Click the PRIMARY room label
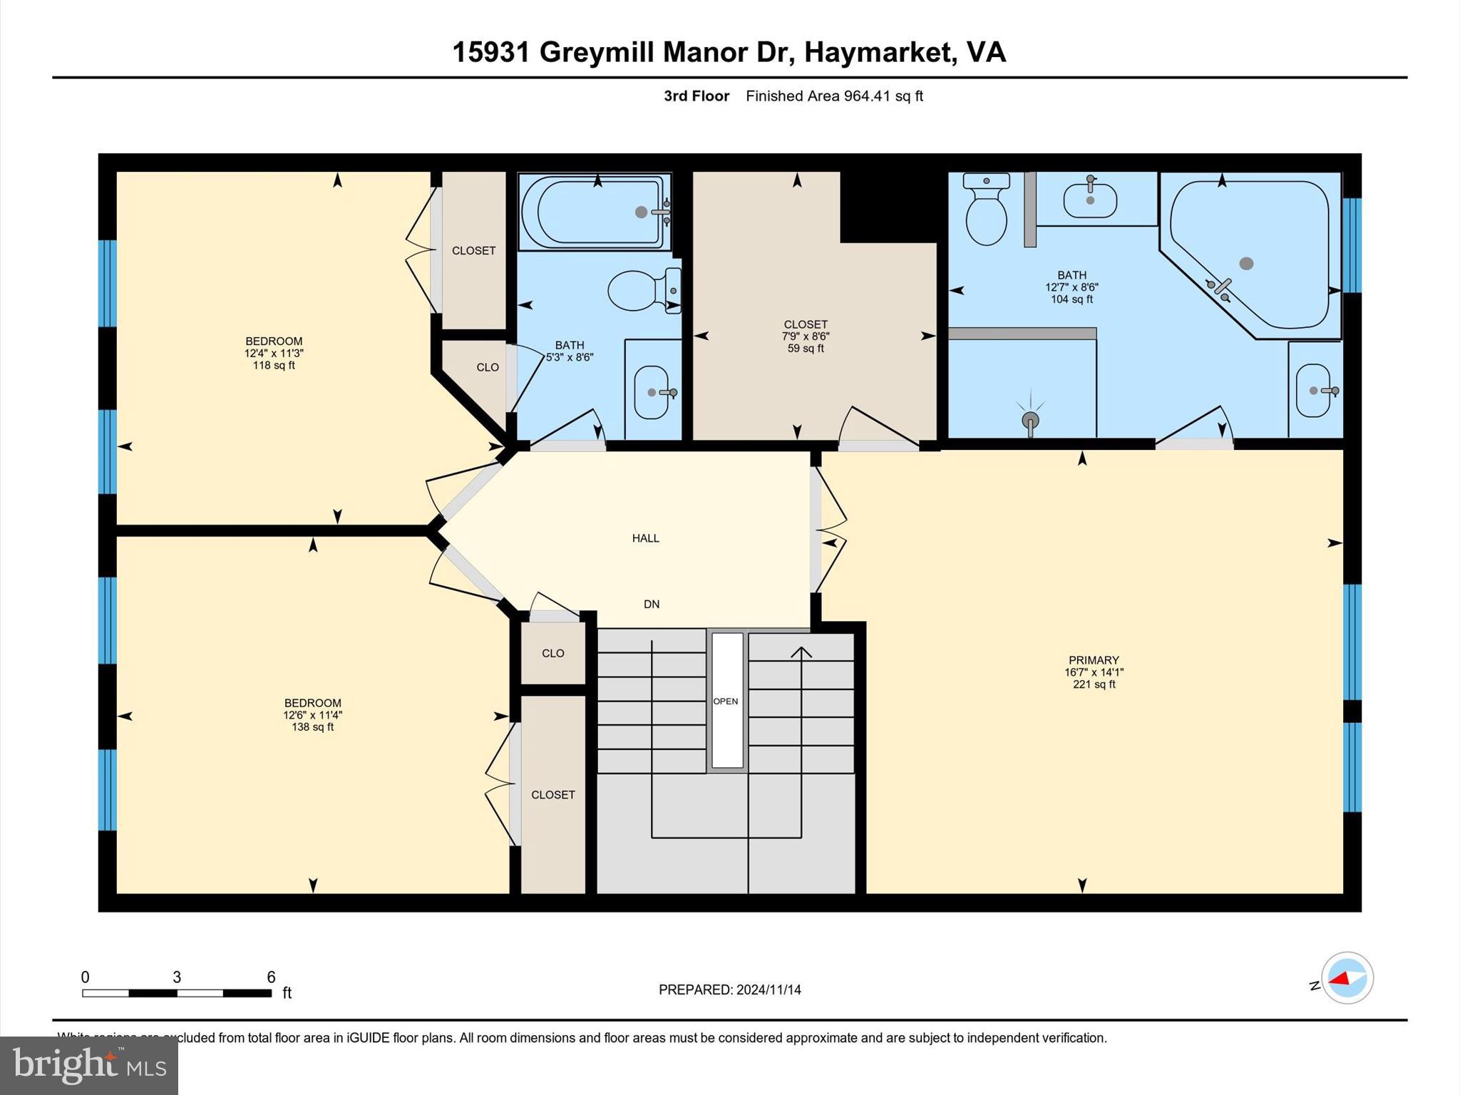(x=1094, y=660)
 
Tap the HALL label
(x=645, y=538)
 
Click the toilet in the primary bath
(x=986, y=211)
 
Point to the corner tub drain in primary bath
(x=1246, y=264)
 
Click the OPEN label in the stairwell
(x=726, y=701)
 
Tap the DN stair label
(x=651, y=604)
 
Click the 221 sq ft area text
(x=1094, y=684)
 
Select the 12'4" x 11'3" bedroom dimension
(x=274, y=353)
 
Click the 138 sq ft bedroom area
(x=312, y=727)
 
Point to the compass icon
(x=1347, y=978)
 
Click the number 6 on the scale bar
(x=271, y=977)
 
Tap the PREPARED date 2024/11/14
(x=768, y=989)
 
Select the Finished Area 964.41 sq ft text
(x=834, y=96)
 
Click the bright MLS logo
(x=89, y=1065)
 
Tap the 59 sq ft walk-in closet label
(x=806, y=349)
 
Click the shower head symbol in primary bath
(x=1030, y=420)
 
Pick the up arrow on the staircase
(x=801, y=652)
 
